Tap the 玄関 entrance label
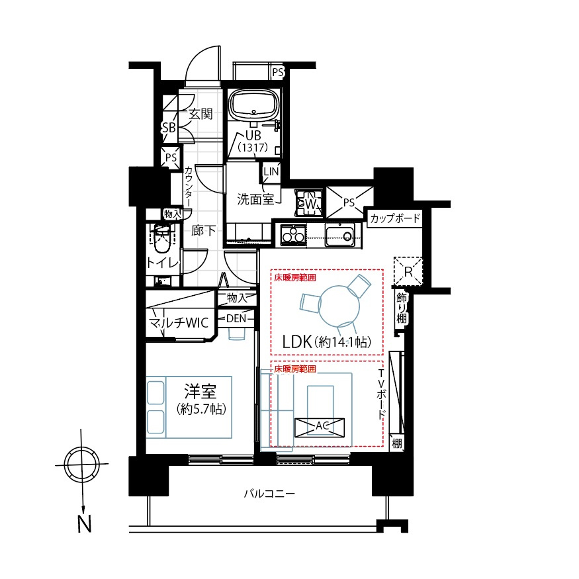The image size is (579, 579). [x=200, y=114]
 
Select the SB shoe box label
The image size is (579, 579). [x=169, y=128]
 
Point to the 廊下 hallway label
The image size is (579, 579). [x=203, y=231]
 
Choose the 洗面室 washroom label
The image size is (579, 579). [x=255, y=199]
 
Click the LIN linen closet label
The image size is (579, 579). [x=271, y=171]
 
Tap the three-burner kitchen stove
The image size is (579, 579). [x=293, y=235]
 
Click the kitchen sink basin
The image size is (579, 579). [x=339, y=235]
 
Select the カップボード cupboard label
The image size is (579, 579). [x=395, y=218]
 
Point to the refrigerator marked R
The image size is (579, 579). [x=408, y=272]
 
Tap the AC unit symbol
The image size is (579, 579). [x=320, y=427]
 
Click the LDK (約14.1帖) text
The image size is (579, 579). [x=326, y=342]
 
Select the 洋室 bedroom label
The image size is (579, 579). [x=200, y=392]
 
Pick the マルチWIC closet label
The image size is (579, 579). [x=179, y=323]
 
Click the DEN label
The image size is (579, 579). [x=236, y=318]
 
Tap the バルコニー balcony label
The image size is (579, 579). [x=269, y=494]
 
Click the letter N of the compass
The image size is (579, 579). [x=84, y=523]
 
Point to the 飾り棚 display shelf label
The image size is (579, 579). [x=402, y=308]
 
